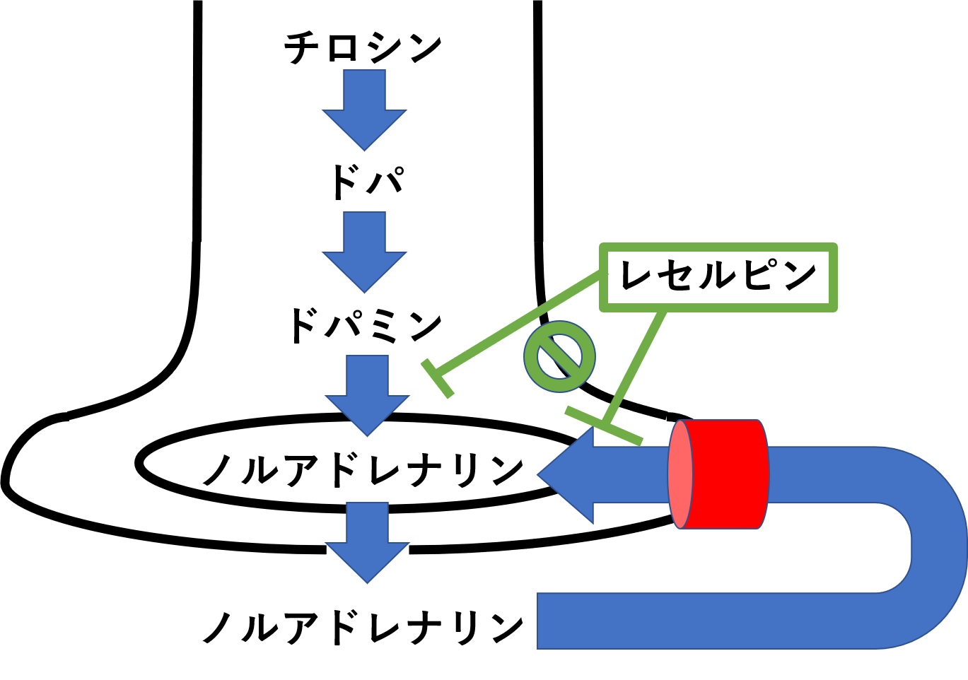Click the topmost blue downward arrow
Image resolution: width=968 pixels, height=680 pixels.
pyautogui.click(x=364, y=109)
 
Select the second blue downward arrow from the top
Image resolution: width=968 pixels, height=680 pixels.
pyautogui.click(x=364, y=252)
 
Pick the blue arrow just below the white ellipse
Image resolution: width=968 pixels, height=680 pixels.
pyautogui.click(x=367, y=541)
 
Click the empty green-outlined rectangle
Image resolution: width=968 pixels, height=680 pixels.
pyautogui.click(x=718, y=277)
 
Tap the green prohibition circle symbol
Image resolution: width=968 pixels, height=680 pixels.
pyautogui.click(x=559, y=357)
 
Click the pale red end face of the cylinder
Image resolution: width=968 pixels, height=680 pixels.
pyautogui.click(x=680, y=474)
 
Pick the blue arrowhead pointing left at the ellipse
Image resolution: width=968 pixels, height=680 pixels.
pyautogui.click(x=570, y=474)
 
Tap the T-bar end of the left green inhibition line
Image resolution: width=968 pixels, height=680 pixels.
pyautogui.click(x=437, y=378)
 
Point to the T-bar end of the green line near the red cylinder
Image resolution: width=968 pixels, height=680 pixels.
pyautogui.click(x=603, y=426)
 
